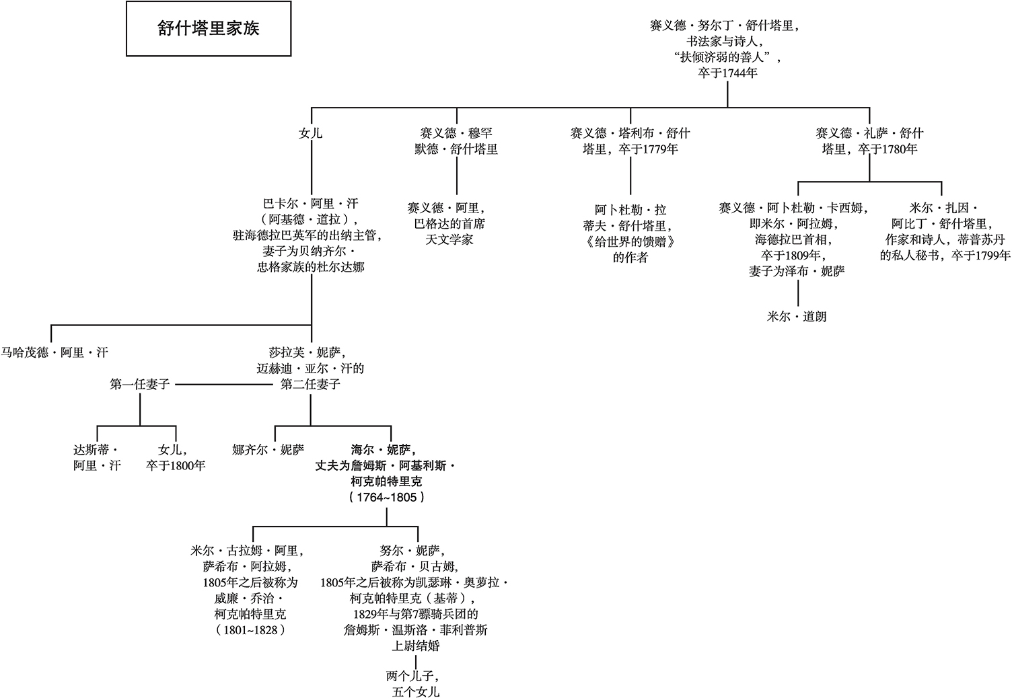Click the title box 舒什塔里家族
click(209, 29)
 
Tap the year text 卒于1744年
click(728, 73)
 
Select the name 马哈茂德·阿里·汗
click(55, 352)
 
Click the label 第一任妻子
click(140, 385)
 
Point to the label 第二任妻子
click(310, 385)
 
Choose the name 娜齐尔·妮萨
click(268, 449)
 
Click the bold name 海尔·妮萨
click(382, 449)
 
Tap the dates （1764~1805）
click(386, 498)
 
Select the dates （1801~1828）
click(249, 630)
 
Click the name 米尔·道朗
click(797, 316)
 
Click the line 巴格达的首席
click(449, 223)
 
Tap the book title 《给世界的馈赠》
click(630, 241)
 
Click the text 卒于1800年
click(176, 465)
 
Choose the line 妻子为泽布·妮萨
click(797, 271)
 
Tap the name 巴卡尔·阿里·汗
click(310, 203)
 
